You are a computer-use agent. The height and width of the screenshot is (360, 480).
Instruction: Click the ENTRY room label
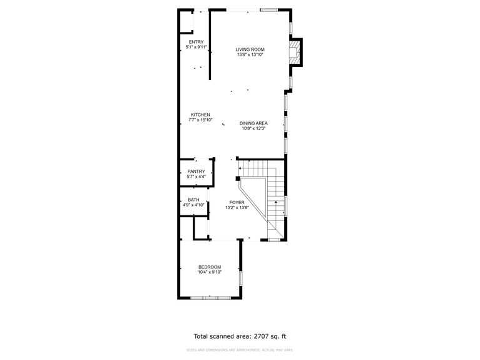(x=196, y=42)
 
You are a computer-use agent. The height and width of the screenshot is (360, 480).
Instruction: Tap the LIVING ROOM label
(x=250, y=49)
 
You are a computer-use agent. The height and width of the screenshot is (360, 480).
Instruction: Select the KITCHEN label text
(x=200, y=115)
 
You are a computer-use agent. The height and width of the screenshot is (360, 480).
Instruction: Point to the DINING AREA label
(x=253, y=123)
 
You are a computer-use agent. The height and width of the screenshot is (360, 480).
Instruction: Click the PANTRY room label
(x=196, y=172)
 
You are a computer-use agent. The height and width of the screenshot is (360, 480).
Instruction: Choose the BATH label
(x=194, y=200)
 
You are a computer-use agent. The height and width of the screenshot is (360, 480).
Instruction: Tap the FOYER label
(x=237, y=202)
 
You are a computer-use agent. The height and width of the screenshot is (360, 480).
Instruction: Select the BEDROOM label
(x=210, y=267)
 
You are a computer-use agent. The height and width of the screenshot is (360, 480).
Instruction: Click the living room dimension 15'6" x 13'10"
(x=250, y=55)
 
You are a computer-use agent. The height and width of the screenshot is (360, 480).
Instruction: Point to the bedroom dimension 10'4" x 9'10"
(x=210, y=272)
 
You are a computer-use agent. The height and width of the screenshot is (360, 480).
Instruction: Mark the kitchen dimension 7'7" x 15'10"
(x=200, y=120)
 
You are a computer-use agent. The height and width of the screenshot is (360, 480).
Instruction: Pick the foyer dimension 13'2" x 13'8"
(x=237, y=208)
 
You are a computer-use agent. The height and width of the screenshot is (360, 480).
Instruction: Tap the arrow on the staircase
(x=276, y=203)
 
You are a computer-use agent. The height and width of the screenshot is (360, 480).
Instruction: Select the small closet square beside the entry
(x=186, y=22)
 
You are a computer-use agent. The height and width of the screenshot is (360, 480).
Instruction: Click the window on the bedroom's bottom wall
(x=210, y=297)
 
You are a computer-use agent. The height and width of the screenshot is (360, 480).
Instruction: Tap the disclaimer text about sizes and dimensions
(x=240, y=350)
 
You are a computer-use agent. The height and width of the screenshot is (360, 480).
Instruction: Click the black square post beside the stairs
(x=239, y=178)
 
